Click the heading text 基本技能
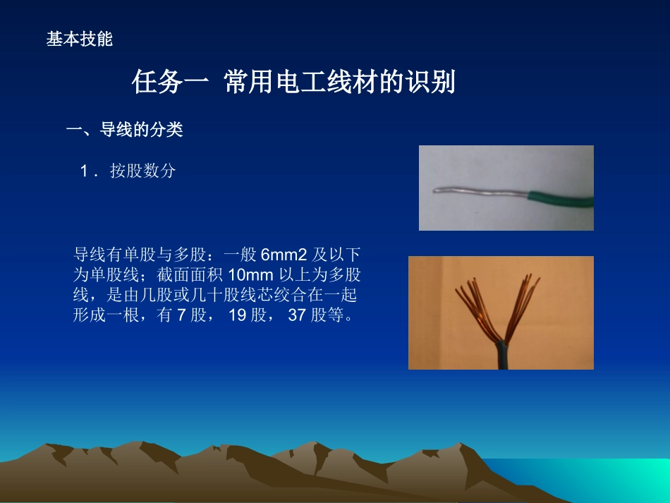click(79, 40)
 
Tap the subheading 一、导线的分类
click(124, 130)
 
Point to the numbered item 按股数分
click(142, 171)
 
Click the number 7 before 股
click(181, 315)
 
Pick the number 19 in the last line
click(238, 315)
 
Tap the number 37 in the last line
click(297, 315)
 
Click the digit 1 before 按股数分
click(85, 171)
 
